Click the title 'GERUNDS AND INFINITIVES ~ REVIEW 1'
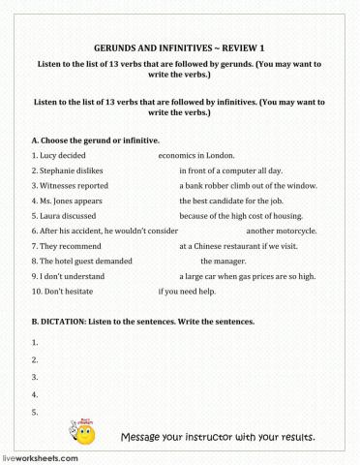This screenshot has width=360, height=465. pos(180,46)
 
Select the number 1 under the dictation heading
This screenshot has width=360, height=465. pos(35,342)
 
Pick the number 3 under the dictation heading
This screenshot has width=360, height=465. pos(35,377)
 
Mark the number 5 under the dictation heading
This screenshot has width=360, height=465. pos(35,412)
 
